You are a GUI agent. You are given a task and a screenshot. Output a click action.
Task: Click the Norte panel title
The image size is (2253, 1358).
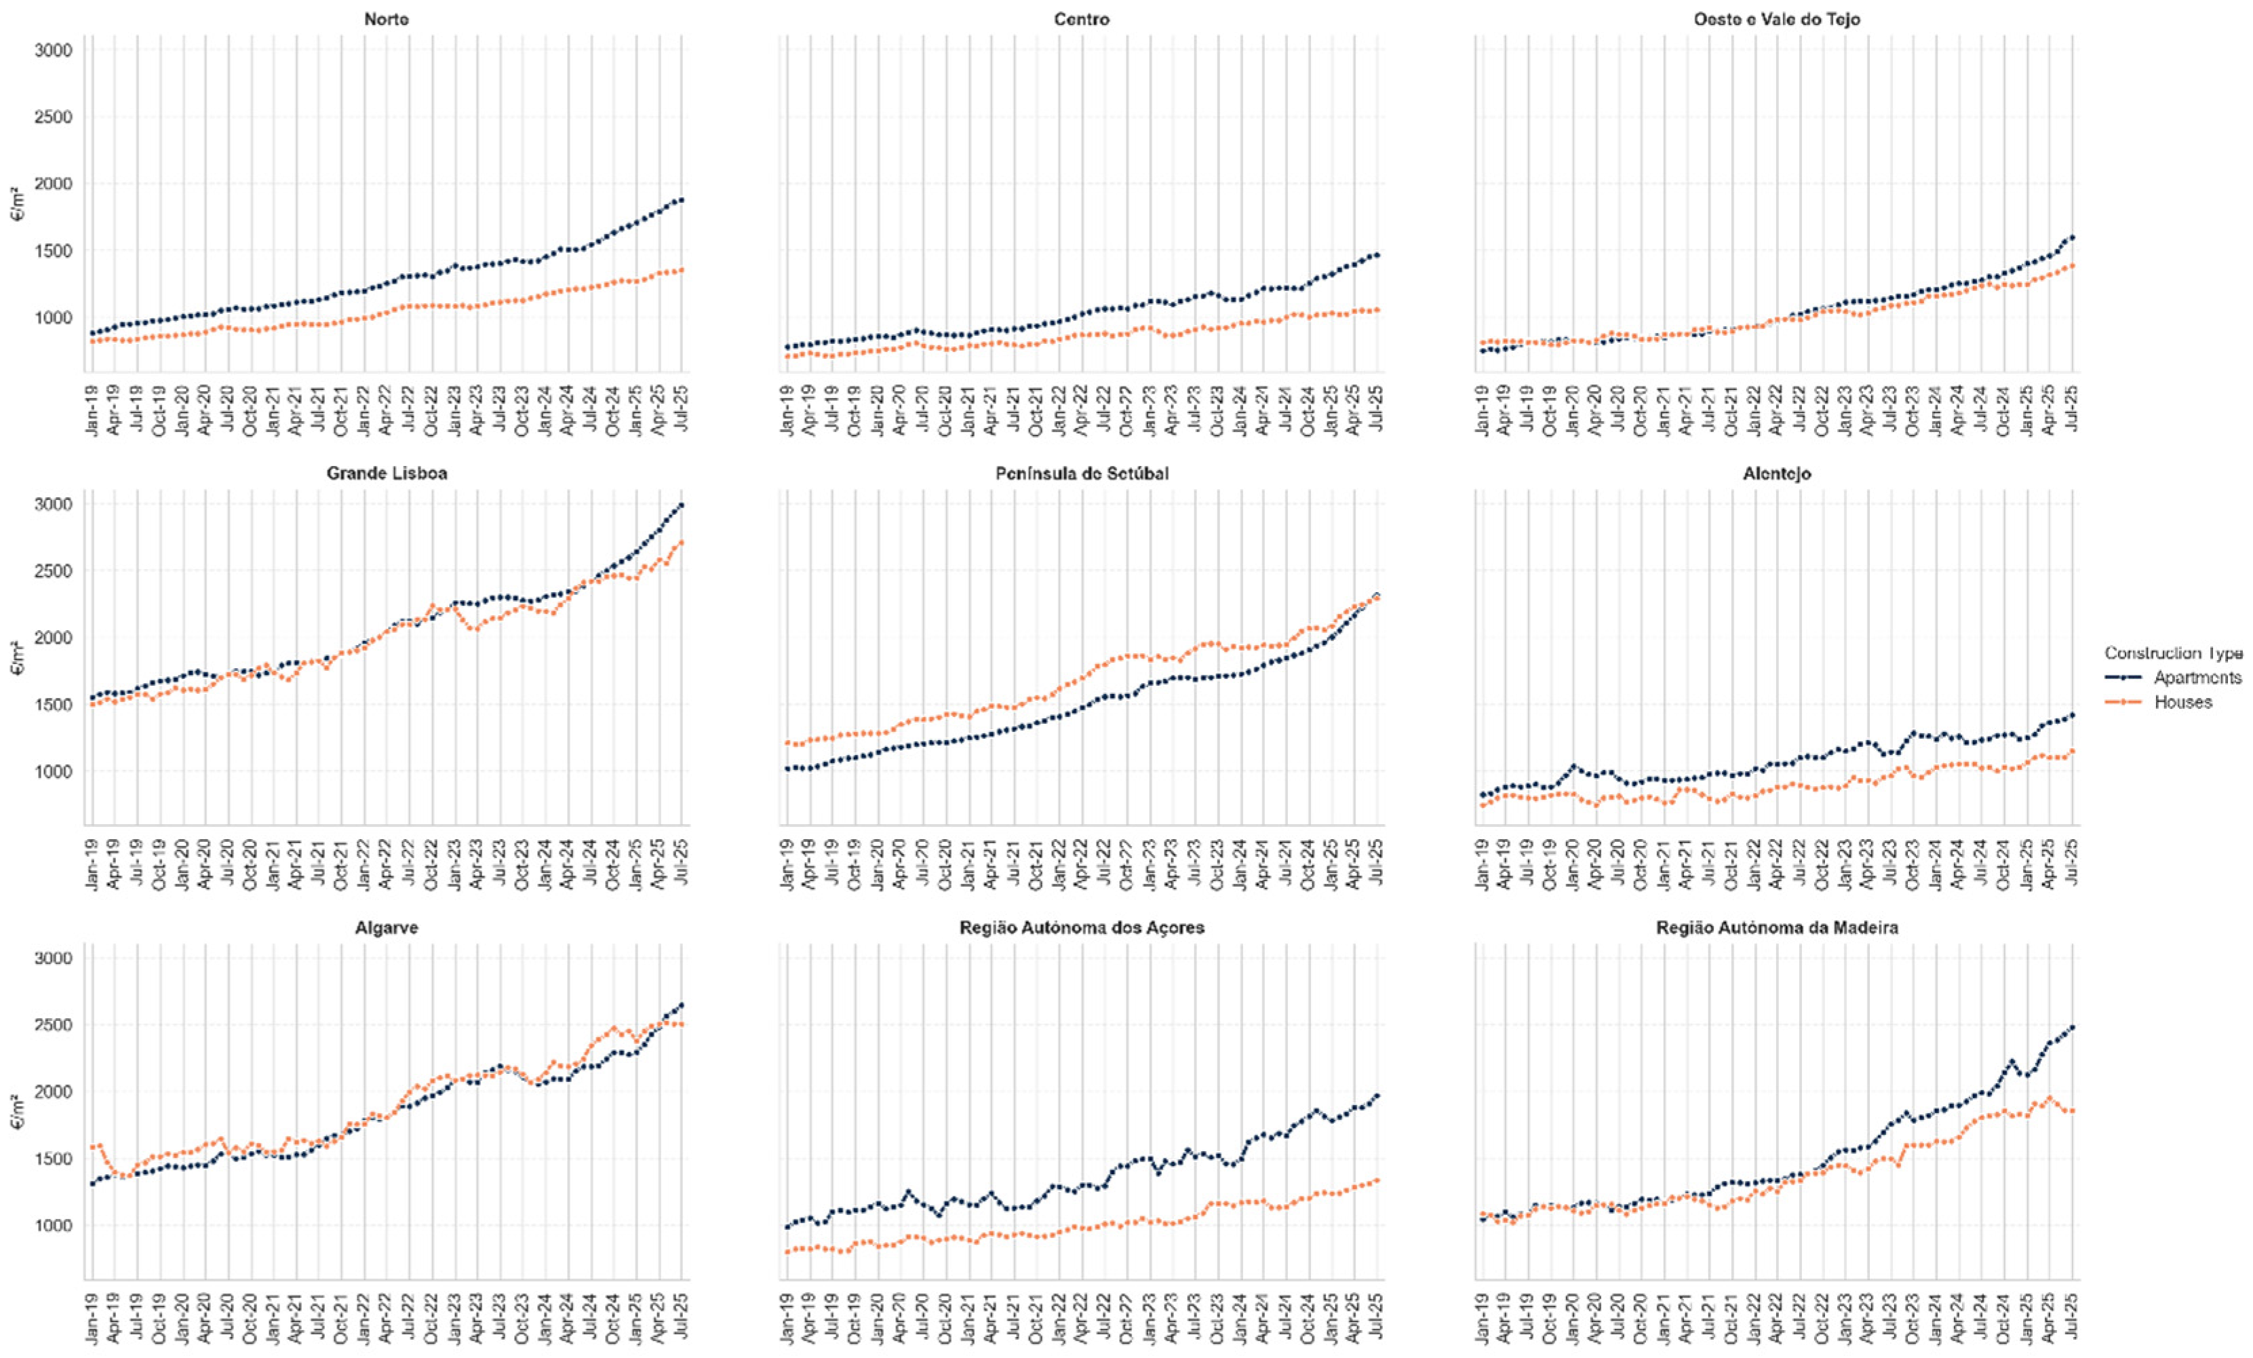[x=386, y=19]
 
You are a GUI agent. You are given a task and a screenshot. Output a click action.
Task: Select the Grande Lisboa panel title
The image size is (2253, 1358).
[x=386, y=473]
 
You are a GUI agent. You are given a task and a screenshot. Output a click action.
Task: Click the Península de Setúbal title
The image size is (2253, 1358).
[x=1082, y=473]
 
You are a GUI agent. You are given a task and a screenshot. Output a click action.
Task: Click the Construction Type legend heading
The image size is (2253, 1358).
[x=2172, y=653]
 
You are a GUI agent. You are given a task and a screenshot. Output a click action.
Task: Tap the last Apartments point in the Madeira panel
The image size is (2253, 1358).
[x=2072, y=1028]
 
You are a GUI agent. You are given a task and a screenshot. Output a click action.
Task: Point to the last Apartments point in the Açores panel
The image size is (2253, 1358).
[x=1377, y=1095]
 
